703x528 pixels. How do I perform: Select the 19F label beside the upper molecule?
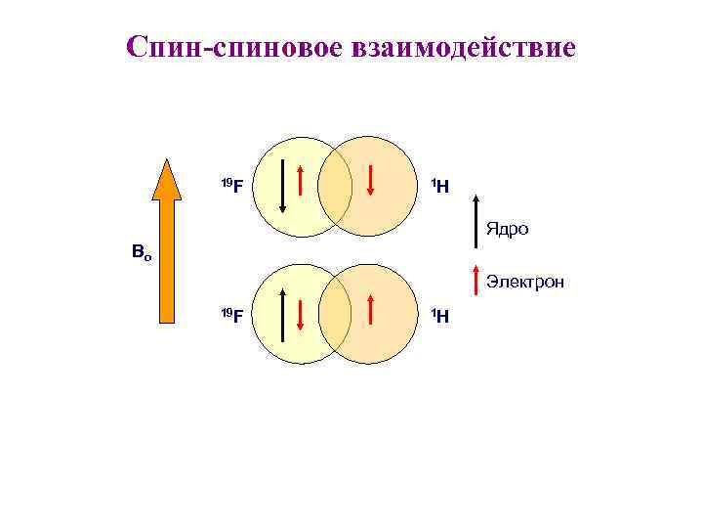tap(231, 184)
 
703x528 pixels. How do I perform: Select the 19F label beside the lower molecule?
tap(231, 314)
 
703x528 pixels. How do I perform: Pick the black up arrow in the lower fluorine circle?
tap(282, 314)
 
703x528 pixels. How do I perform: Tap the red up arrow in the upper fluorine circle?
tap(302, 178)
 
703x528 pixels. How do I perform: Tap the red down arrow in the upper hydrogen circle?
tap(371, 178)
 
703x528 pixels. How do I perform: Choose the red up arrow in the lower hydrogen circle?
tap(371, 308)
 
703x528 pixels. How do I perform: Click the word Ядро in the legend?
tap(507, 230)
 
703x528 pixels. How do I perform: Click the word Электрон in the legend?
tap(524, 283)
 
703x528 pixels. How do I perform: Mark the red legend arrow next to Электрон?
tap(476, 279)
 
